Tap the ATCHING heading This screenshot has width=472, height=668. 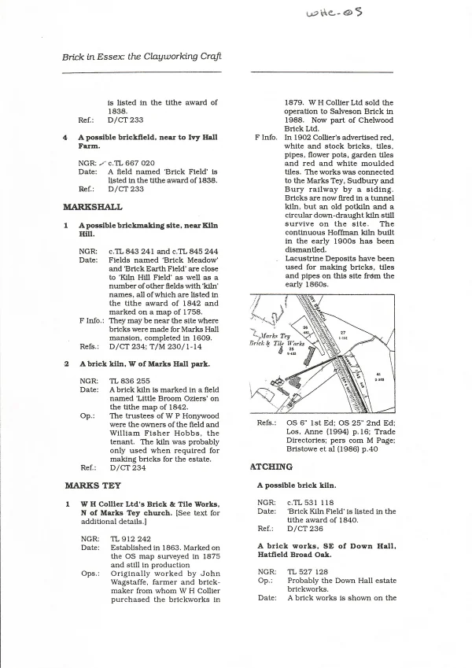[x=271, y=467]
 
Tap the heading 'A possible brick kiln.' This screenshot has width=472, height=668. [x=296, y=485]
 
